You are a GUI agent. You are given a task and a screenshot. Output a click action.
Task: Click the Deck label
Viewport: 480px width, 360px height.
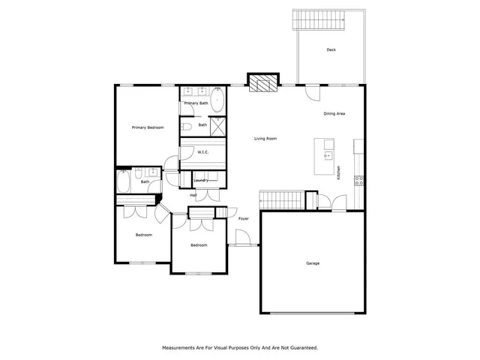click(331, 50)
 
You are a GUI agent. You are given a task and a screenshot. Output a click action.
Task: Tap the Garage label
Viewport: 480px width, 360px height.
click(313, 263)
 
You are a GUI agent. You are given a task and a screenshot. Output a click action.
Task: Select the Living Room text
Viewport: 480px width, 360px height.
click(265, 138)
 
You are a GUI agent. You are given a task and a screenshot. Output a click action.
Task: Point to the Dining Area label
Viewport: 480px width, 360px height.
click(334, 113)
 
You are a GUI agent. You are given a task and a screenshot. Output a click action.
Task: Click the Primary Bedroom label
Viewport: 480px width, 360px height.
click(148, 127)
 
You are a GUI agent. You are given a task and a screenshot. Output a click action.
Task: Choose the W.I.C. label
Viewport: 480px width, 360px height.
click(202, 152)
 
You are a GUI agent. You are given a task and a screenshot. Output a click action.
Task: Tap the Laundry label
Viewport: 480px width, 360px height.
click(201, 180)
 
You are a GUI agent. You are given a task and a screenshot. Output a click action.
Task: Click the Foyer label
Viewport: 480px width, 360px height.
click(244, 218)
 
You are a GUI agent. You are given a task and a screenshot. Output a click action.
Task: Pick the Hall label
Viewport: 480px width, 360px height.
click(193, 195)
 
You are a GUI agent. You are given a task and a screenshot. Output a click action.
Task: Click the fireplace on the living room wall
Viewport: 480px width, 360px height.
click(262, 82)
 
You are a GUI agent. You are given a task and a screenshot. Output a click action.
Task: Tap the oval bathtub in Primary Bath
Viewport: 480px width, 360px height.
click(217, 100)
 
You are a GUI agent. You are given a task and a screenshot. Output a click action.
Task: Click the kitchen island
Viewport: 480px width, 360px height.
click(328, 157)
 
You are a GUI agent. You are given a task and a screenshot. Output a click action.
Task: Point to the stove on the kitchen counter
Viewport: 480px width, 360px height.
click(359, 179)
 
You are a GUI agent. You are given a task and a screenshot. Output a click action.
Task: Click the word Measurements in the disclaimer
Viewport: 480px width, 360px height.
click(184, 347)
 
